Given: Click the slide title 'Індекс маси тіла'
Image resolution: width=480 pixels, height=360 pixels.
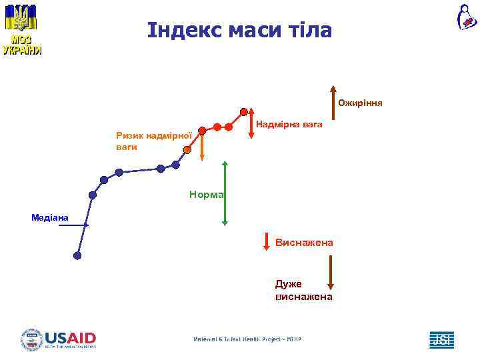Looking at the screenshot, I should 239,31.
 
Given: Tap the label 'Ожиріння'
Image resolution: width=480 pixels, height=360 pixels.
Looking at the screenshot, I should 359,103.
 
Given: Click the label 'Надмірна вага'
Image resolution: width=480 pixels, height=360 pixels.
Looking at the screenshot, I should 289,125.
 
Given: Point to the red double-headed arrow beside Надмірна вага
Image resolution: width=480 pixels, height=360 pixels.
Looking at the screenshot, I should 251,125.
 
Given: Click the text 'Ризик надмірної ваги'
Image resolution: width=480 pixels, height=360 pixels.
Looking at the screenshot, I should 153,141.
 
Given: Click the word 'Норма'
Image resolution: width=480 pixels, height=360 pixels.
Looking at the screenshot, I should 206,195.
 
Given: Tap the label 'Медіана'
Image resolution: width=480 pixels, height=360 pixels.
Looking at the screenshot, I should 49,217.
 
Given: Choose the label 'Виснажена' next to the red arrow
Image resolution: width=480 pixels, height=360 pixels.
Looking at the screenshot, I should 304,243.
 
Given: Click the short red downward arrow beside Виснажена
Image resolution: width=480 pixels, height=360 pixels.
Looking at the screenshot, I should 266,242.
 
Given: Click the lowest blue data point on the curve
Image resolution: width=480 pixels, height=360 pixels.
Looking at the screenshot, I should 77,255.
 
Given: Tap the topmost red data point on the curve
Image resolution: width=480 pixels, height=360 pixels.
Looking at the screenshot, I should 244,111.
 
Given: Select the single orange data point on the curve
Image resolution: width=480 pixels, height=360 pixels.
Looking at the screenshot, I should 187,150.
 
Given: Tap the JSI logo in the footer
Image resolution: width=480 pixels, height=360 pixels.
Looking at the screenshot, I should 441,339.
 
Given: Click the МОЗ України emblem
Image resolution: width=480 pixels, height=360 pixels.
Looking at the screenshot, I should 21,30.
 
